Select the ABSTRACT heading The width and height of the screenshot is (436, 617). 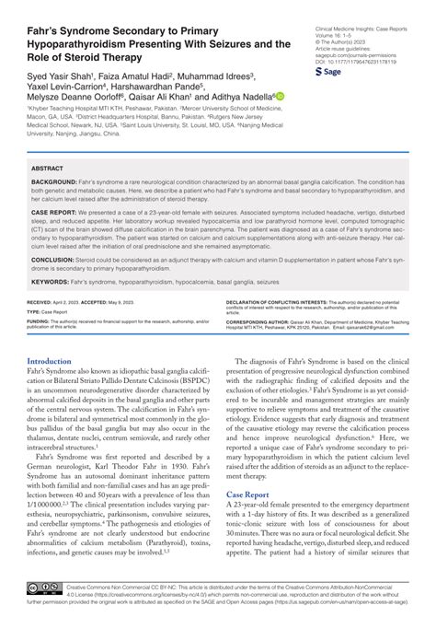[x=48, y=169]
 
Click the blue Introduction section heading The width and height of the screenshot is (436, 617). [x=55, y=336]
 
